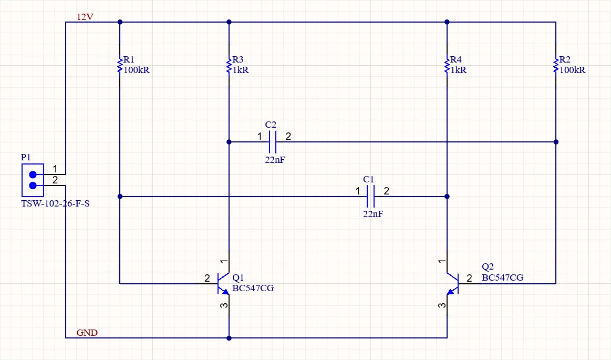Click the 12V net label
click(85, 17)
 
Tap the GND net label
click(87, 333)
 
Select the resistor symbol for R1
click(120, 66)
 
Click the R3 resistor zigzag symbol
click(229, 66)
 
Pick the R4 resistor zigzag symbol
click(447, 66)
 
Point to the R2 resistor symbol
click(556, 66)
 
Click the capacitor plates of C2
click(273, 142)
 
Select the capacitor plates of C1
click(370, 197)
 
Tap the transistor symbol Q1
click(223, 284)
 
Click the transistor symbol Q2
click(453, 284)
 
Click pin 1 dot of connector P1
click(33, 174)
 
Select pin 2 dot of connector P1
click(33, 186)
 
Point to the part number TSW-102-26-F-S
click(55, 204)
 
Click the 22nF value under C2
click(275, 160)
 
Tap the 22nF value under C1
click(373, 214)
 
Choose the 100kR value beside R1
click(137, 70)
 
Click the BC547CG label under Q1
click(253, 289)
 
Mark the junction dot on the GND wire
click(229, 338)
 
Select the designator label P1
click(26, 157)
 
